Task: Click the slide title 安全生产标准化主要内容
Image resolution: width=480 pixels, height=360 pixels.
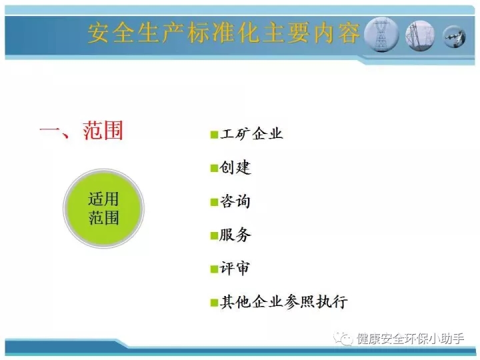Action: coord(223,33)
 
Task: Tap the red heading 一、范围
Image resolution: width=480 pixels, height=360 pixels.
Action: coord(81,131)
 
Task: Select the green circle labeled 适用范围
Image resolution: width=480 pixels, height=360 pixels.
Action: coord(103,208)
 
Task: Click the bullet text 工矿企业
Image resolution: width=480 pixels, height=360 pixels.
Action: coord(251,134)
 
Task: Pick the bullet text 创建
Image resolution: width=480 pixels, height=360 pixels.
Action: coord(235,167)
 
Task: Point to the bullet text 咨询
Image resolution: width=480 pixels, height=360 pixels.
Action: coord(235,201)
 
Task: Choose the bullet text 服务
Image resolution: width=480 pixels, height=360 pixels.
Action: coord(235,235)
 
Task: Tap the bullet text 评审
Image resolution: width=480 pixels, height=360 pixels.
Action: coord(235,269)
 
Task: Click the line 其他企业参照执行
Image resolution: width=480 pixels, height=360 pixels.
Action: coord(284,302)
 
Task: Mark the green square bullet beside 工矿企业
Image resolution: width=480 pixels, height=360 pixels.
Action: coord(214,135)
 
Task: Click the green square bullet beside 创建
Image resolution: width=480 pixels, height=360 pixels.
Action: coord(214,169)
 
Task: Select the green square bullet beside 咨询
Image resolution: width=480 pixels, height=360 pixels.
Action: coord(214,202)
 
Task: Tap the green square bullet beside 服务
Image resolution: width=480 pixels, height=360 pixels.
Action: coord(214,236)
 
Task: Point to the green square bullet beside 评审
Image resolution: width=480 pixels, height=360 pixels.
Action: coord(214,269)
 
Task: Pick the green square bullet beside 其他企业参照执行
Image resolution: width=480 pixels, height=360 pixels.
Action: coord(214,303)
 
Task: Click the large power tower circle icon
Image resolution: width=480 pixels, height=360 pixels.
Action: coord(381,35)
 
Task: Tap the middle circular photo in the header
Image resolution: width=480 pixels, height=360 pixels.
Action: coord(420,35)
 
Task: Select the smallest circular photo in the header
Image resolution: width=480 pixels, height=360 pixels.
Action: coord(455,37)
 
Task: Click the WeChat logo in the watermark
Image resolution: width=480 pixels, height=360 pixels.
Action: coord(343,339)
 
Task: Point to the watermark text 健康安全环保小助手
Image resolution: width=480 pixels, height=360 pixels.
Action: coord(411,339)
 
